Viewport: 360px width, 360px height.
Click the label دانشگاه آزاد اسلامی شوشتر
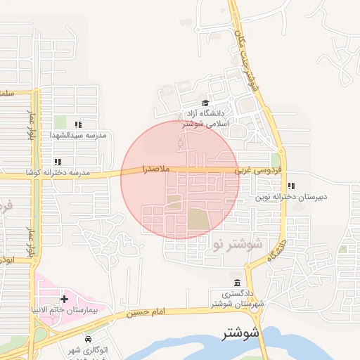(x=203, y=117)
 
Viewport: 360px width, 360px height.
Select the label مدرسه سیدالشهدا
(x=77, y=134)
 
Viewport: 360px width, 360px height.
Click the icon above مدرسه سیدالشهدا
(x=78, y=124)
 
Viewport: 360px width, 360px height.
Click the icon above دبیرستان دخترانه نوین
(x=291, y=187)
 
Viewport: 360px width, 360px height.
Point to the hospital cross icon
(x=65, y=299)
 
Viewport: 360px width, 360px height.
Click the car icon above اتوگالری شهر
(x=87, y=339)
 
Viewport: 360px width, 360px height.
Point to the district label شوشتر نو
(x=236, y=244)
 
